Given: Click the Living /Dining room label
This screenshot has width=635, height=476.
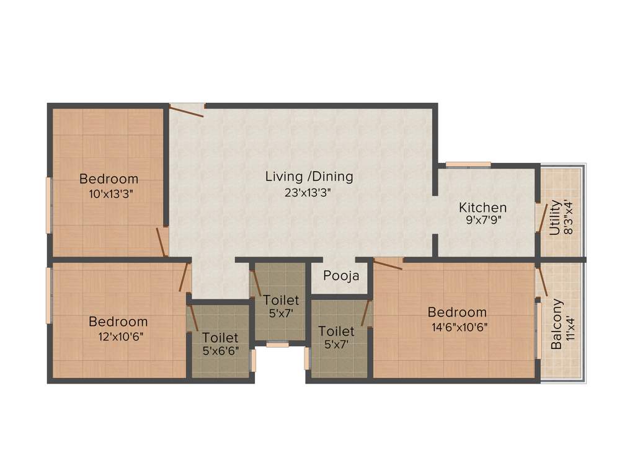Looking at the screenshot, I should tap(309, 177).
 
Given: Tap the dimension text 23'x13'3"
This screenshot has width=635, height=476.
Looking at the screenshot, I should tap(309, 192).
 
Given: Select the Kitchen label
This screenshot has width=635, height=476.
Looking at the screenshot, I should tap(482, 208).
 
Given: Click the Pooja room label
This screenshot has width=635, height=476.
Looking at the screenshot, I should tap(341, 276).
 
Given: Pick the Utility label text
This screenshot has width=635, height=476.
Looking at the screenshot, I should tap(555, 217).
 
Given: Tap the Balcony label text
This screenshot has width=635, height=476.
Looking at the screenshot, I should tap(557, 325).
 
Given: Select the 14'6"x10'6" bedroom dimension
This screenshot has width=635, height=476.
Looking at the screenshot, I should tap(460, 327).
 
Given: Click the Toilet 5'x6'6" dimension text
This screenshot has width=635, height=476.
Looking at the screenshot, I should tap(220, 351).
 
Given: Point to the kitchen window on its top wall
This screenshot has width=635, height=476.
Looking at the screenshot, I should tap(468, 165).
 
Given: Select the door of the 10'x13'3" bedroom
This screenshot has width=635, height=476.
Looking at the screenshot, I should tap(162, 241).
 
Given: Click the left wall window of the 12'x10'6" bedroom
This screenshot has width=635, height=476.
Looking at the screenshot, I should tap(48, 295).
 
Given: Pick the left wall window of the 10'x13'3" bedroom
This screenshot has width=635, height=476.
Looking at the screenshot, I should tap(48, 205).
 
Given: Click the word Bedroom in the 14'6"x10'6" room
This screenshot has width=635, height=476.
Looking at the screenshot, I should tap(460, 312).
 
